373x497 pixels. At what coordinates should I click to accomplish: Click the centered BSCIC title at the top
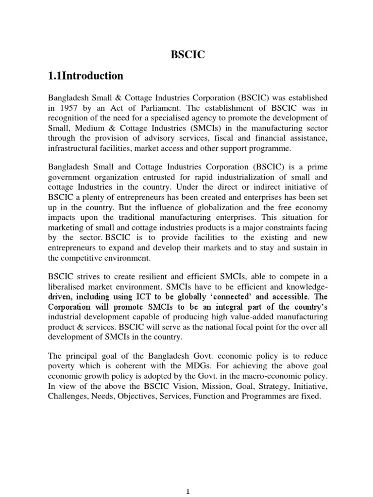coord(187,55)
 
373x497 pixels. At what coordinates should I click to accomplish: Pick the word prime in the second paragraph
coord(317,167)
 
